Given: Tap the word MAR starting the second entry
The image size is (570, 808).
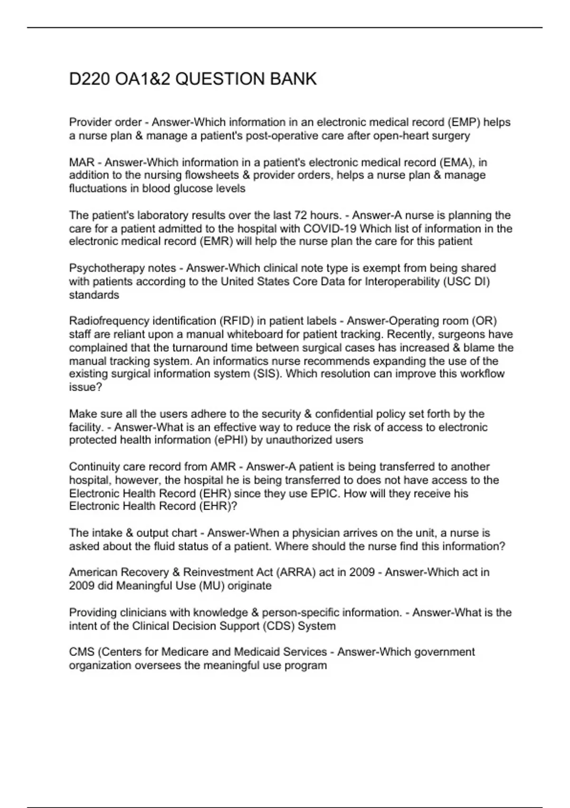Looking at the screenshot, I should tap(82, 163).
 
